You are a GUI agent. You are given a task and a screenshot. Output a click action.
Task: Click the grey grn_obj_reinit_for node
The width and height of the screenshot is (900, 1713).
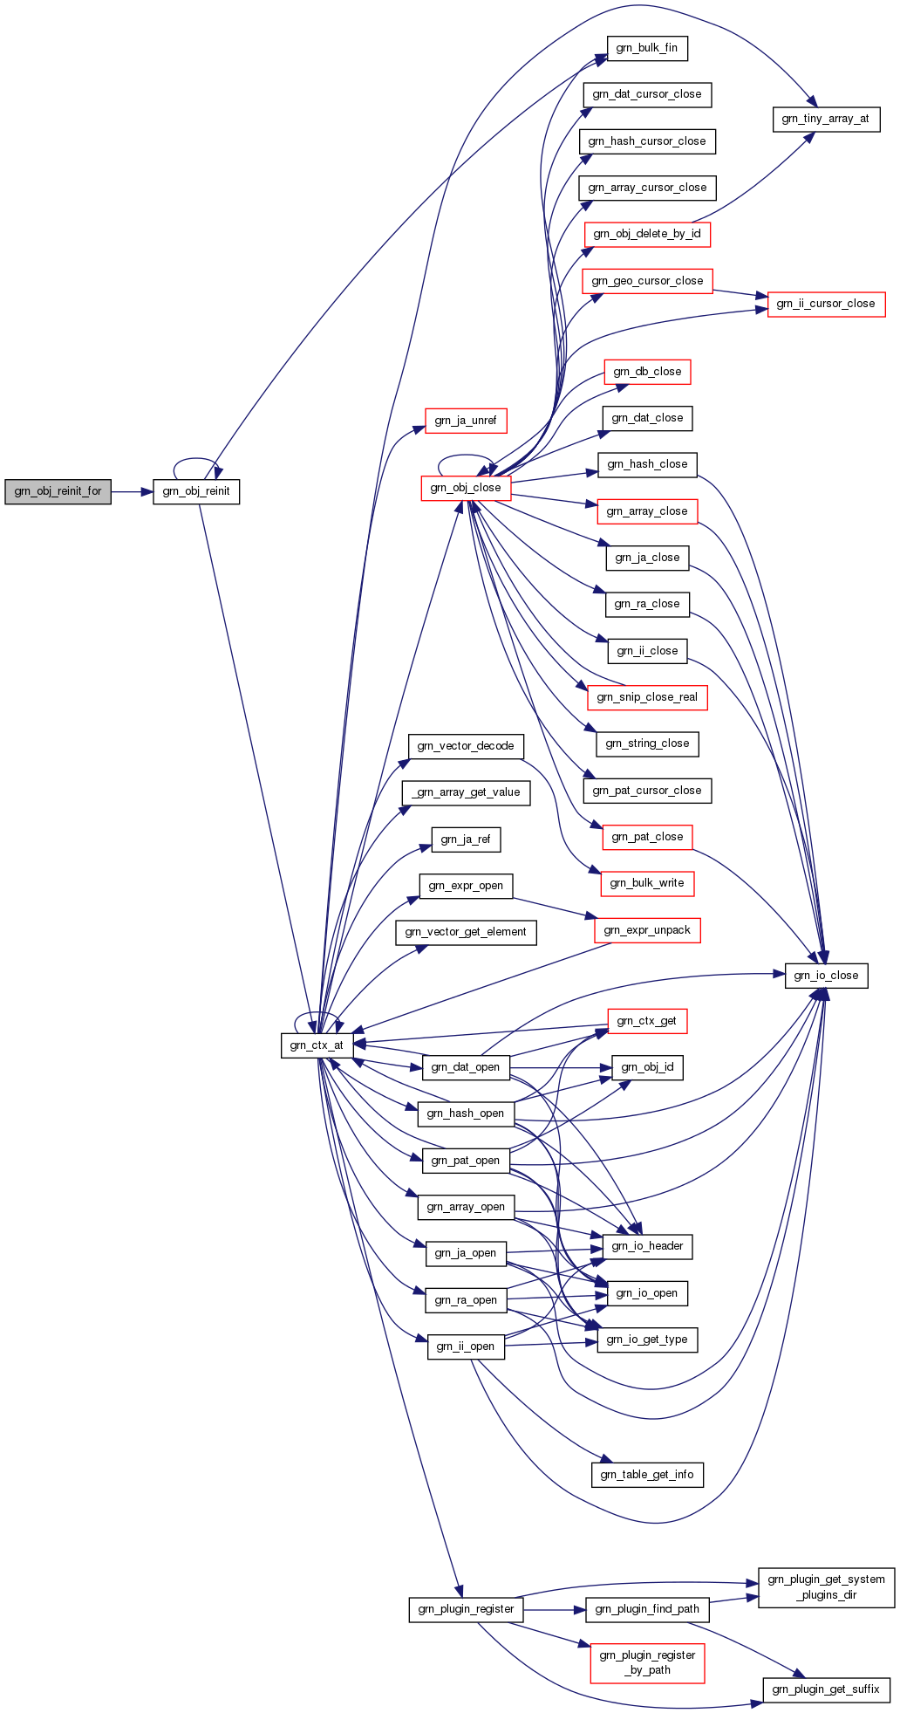[x=58, y=491]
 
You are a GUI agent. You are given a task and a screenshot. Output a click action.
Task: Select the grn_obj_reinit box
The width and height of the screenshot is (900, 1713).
[x=196, y=491]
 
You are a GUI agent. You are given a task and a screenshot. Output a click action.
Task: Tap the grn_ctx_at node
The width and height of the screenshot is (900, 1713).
[x=317, y=1045]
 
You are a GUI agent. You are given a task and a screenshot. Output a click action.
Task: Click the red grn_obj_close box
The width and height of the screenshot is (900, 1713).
[x=466, y=488]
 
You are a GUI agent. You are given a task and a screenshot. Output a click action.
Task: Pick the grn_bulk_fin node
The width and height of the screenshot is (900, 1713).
[x=646, y=48]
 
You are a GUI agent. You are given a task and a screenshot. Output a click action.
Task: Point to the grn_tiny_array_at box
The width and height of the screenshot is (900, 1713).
[x=825, y=119]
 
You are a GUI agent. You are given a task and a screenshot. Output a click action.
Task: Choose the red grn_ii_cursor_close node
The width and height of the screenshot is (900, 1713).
[x=825, y=304]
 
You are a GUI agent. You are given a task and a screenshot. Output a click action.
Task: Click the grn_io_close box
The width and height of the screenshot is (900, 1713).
[x=826, y=976]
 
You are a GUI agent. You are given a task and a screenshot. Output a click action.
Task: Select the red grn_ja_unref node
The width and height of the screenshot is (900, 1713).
[x=466, y=421]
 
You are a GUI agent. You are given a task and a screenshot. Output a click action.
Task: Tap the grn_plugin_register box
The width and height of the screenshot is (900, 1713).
[x=466, y=1609]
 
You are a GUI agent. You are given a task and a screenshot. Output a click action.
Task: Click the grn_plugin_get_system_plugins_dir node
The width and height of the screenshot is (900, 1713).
[x=826, y=1587]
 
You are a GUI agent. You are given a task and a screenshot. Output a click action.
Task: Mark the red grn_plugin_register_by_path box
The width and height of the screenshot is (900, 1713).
[x=647, y=1662]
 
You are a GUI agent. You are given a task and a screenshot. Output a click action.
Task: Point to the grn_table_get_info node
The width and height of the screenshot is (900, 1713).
[x=646, y=1475]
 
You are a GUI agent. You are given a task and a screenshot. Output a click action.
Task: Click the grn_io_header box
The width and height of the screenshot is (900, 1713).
[x=647, y=1246]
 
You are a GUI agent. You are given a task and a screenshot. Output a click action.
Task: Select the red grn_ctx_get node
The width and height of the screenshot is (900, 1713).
[x=646, y=1021]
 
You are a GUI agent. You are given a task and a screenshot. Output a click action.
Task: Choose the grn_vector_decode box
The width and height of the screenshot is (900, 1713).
[x=466, y=746]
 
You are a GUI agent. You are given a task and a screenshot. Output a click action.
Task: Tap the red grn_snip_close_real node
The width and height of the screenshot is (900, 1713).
[x=647, y=697]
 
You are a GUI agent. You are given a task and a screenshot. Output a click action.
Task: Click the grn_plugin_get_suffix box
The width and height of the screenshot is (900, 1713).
[x=826, y=1689]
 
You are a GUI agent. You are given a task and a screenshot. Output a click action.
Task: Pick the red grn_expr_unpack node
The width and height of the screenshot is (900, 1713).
[x=647, y=930]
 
